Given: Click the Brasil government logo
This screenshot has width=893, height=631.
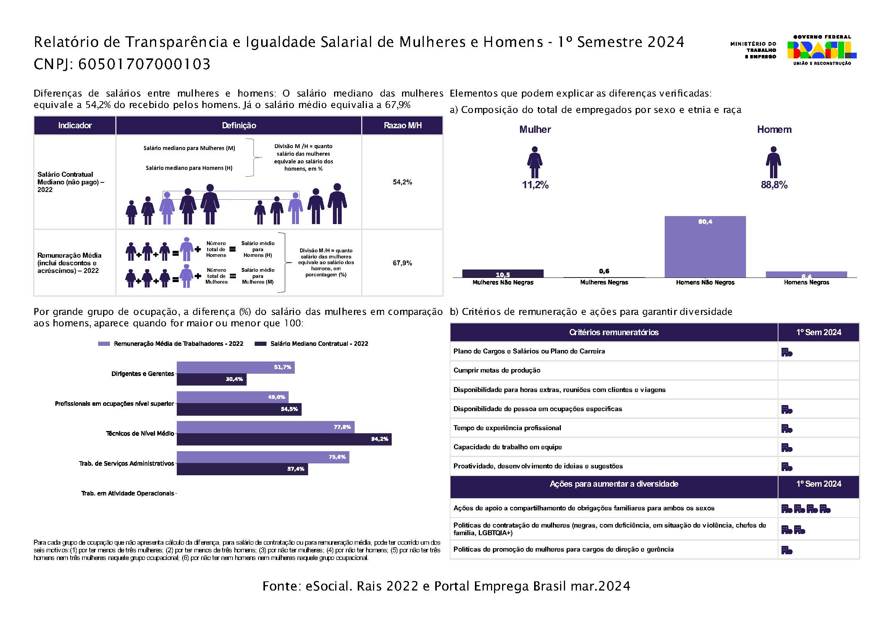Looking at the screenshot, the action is (822, 50).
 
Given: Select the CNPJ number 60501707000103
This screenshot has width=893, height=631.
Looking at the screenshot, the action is (144, 64).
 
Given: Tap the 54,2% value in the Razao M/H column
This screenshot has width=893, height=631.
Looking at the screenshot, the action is (402, 182).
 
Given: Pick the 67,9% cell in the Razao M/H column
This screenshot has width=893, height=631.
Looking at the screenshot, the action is (402, 263).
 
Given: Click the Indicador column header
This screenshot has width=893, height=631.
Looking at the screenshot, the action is (75, 125).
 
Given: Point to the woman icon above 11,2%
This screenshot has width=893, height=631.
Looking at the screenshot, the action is (535, 162).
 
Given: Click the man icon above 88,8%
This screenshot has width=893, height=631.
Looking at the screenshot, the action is (774, 162).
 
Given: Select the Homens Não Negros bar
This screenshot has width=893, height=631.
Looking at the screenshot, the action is (705, 247).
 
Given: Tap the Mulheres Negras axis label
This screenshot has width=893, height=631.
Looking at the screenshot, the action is (604, 282).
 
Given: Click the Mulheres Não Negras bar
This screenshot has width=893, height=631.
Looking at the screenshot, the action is (503, 274).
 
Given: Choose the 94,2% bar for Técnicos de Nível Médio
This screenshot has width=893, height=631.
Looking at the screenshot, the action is (284, 439).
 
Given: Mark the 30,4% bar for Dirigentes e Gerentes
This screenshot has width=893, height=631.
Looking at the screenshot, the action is (212, 379).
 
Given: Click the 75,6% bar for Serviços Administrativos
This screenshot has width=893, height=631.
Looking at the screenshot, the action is (263, 457).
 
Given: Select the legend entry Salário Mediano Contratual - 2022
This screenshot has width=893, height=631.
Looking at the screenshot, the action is (311, 344).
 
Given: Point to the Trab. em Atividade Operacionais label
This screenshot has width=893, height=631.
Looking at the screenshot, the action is (128, 493).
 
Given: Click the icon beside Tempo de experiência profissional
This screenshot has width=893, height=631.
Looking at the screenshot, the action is (787, 429).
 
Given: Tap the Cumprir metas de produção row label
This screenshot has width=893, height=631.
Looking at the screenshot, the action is (497, 370).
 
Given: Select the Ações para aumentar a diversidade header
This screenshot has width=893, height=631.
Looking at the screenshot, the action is (614, 484).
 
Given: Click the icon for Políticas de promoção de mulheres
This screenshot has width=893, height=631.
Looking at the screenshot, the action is (787, 550).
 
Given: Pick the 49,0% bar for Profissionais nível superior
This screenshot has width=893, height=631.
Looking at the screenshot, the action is (233, 397).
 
